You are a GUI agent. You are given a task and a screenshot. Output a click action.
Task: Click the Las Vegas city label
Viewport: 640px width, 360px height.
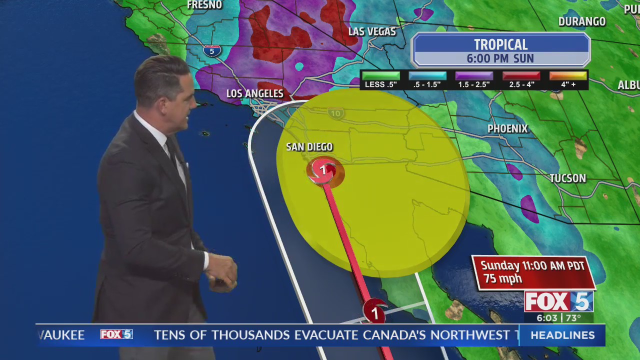tap(371, 31)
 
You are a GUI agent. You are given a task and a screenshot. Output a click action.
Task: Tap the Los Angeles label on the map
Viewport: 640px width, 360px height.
tap(254, 93)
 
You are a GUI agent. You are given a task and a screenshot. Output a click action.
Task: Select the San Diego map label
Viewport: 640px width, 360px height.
tap(309, 147)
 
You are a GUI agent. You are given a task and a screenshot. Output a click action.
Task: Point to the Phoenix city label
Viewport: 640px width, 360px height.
tap(507, 129)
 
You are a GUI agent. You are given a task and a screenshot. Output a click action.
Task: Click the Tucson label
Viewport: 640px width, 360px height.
tap(567, 178)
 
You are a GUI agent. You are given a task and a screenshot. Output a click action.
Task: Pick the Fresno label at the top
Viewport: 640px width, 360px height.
tap(204, 5)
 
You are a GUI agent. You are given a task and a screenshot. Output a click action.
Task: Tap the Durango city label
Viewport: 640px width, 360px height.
tap(581, 21)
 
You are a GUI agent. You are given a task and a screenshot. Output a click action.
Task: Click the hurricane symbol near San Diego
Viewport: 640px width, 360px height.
tap(323, 171)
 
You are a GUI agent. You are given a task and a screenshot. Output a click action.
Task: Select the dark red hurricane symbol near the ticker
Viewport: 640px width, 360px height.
tap(374, 313)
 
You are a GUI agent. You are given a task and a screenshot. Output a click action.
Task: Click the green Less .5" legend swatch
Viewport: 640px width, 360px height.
tap(380, 76)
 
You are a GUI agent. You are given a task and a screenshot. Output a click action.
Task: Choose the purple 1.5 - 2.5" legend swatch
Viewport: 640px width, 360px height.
tap(473, 76)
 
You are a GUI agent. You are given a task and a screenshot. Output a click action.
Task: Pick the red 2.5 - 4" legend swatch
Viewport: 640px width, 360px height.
tap(521, 76)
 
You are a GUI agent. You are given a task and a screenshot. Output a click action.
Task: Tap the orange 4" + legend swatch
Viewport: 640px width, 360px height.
tap(567, 76)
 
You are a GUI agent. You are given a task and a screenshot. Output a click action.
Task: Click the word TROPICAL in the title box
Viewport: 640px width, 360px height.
tap(500, 45)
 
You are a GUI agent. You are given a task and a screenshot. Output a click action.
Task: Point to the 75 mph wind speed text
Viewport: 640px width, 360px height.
tap(502, 279)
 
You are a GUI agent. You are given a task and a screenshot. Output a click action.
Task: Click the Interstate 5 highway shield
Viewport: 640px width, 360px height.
tap(212, 50)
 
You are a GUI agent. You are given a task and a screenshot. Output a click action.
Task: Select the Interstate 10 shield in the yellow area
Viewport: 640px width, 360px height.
tap(336, 114)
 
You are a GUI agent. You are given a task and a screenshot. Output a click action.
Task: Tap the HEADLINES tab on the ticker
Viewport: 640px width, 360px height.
tap(562, 335)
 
